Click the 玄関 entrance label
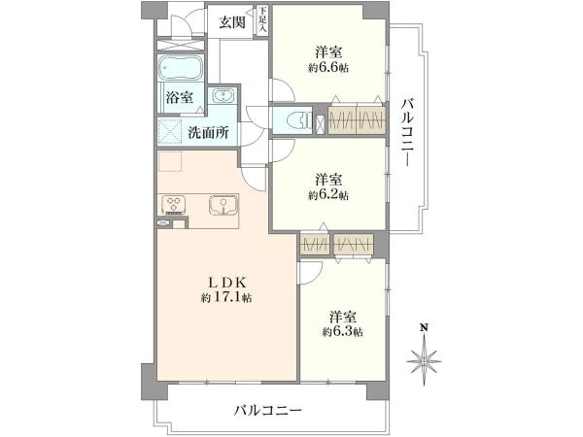pyautogui.click(x=231, y=22)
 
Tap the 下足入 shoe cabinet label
pyautogui.click(x=263, y=20)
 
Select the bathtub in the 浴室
pyautogui.click(x=181, y=68)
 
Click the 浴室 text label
pyautogui.click(x=180, y=98)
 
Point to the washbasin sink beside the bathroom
pyautogui.click(x=223, y=96)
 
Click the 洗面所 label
pyautogui.click(x=208, y=132)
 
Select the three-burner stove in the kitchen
pyautogui.click(x=174, y=206)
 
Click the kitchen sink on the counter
pyautogui.click(x=223, y=205)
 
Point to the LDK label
pyautogui.click(x=226, y=284)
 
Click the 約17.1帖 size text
pyautogui.click(x=226, y=298)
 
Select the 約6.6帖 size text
pyautogui.click(x=328, y=68)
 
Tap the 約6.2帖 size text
pyautogui.click(x=328, y=195)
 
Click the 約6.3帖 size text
pyautogui.click(x=342, y=331)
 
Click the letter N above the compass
pyautogui.click(x=424, y=328)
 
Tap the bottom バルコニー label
pyautogui.click(x=268, y=411)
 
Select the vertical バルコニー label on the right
pyautogui.click(x=408, y=133)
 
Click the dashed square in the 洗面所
pyautogui.click(x=170, y=131)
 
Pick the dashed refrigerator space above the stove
pyautogui.click(x=170, y=161)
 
